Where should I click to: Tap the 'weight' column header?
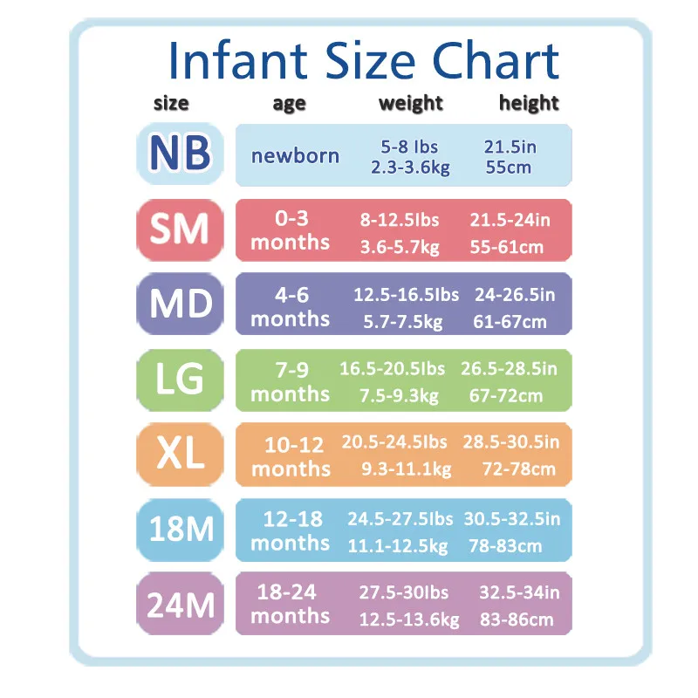click(x=411, y=103)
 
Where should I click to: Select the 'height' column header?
click(x=529, y=103)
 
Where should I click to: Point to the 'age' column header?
click(x=289, y=104)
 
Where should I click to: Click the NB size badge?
click(x=181, y=154)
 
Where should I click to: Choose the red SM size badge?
click(x=181, y=229)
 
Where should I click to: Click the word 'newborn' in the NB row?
click(x=295, y=156)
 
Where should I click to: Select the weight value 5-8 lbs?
click(x=409, y=147)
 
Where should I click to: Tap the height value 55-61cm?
click(x=507, y=247)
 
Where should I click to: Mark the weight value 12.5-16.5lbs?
click(x=406, y=295)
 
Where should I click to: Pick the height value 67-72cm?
click(x=507, y=396)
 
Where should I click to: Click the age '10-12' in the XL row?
click(x=292, y=445)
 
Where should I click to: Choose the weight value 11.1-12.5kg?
click(x=398, y=547)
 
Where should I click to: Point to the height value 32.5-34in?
click(x=519, y=593)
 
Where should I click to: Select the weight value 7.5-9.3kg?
click(x=399, y=396)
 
